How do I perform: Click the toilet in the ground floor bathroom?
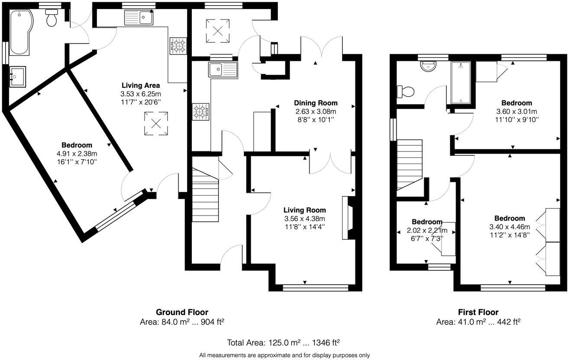click(52, 19)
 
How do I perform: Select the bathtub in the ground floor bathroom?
click(19, 33)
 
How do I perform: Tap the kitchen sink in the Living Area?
click(138, 18)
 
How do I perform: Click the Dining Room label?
click(315, 103)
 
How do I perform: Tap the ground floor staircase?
click(205, 190)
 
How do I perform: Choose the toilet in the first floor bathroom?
click(406, 92)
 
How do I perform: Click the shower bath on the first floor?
click(461, 83)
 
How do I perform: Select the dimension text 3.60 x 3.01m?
click(516, 111)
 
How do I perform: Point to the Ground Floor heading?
click(182, 312)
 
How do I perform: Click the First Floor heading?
click(478, 312)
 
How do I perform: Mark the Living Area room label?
click(141, 85)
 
